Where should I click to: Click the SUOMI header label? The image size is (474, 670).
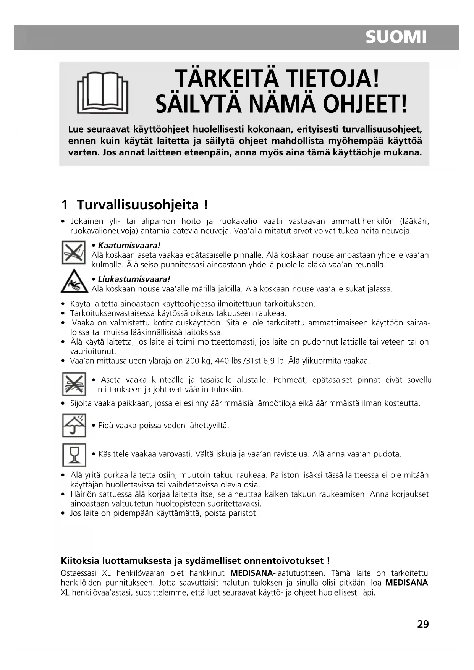(x=396, y=37)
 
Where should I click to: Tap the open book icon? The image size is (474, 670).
(x=102, y=94)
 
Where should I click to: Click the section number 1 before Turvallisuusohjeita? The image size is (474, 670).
(x=65, y=205)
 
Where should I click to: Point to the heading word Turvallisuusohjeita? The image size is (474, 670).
(x=138, y=205)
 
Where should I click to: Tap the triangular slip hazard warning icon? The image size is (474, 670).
(x=74, y=282)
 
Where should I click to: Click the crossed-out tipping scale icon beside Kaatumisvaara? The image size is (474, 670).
(x=74, y=252)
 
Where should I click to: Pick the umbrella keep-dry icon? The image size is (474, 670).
(x=74, y=425)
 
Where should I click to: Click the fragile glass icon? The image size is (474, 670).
(x=74, y=455)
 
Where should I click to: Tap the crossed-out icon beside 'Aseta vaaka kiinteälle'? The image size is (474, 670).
(x=74, y=384)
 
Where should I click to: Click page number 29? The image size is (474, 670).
(x=423, y=625)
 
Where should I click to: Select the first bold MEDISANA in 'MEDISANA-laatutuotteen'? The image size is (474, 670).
(x=252, y=573)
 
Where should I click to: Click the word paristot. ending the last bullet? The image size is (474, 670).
(x=243, y=513)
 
